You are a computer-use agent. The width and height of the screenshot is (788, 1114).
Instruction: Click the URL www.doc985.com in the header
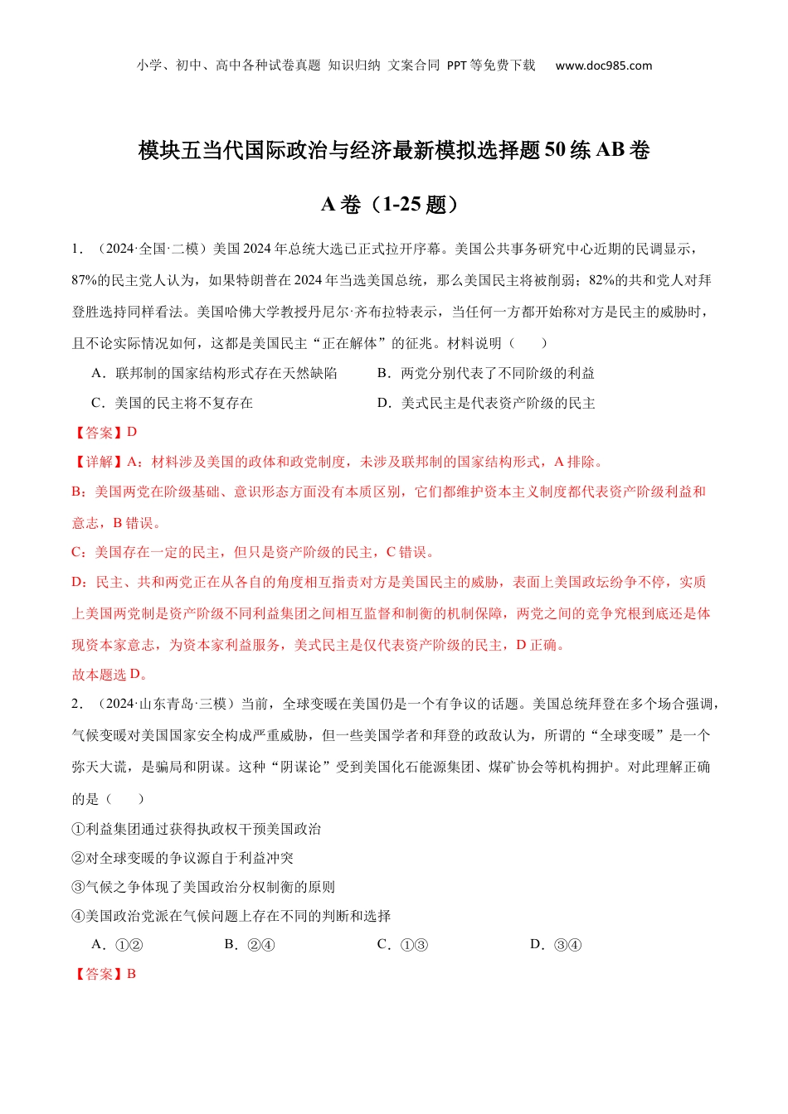pos(603,65)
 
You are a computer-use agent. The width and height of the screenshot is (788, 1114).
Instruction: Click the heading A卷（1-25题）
pos(393,204)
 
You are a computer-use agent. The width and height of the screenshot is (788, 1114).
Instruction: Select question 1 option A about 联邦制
pos(214,373)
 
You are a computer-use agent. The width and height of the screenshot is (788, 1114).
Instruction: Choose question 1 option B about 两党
pos(486,373)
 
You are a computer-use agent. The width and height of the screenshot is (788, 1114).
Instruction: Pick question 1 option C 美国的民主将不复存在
pos(172,403)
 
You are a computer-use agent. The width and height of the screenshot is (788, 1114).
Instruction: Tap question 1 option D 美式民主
pos(486,403)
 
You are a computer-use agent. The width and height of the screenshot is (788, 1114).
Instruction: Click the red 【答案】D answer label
pos(105,432)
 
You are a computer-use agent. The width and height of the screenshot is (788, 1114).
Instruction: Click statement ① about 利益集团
pos(197,829)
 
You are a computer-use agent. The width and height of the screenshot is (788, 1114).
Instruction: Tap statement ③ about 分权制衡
pos(203,887)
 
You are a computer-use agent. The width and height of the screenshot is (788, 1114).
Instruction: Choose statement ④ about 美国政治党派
pos(231,916)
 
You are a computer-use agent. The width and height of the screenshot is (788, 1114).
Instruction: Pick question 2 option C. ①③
pos(402,944)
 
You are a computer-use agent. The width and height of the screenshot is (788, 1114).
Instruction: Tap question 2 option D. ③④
pos(556,944)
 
